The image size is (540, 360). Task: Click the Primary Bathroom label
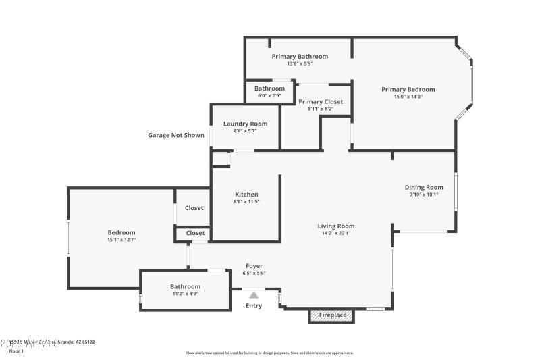(300, 56)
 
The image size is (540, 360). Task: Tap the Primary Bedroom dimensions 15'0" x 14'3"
(408, 97)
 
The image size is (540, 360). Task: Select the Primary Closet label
(321, 101)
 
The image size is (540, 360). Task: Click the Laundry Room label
(245, 124)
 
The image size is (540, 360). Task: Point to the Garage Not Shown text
(176, 135)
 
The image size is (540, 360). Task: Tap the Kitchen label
(246, 195)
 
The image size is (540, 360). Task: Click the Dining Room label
(424, 187)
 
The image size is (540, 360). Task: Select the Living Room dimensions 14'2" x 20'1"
(336, 233)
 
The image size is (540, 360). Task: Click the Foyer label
(254, 266)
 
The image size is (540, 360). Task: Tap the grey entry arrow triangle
(254, 294)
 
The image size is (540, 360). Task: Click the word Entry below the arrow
(254, 306)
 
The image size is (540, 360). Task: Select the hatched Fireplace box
(331, 315)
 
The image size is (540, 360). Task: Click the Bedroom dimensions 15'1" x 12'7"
(122, 239)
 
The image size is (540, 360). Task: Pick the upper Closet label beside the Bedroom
(194, 208)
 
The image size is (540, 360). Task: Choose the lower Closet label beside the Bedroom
(195, 233)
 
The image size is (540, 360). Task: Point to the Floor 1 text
(16, 351)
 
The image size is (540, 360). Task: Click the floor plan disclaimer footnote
(269, 353)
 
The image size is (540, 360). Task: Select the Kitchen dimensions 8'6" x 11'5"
(246, 201)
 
